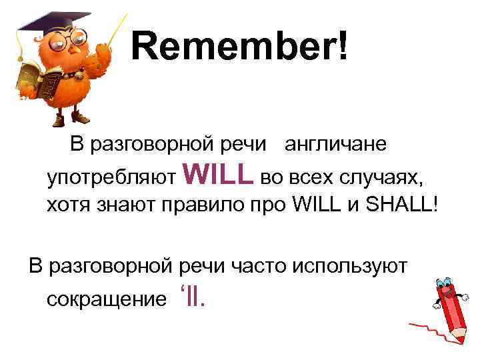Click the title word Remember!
[x=239, y=47]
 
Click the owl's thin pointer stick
[x=110, y=34]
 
